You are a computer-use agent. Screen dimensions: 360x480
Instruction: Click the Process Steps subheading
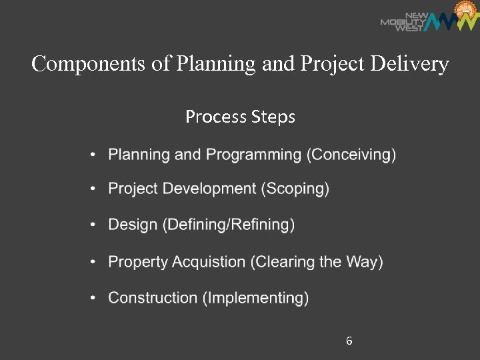click(x=240, y=117)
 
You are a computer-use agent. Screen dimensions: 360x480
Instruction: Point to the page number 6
click(x=349, y=341)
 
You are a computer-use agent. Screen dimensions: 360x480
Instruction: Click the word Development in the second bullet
click(x=213, y=189)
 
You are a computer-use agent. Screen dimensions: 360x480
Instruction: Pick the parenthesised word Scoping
click(x=297, y=189)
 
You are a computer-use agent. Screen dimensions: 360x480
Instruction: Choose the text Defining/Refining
click(x=229, y=225)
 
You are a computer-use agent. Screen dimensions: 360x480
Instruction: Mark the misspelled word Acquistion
click(x=209, y=262)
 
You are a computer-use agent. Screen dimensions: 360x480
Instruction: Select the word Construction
click(x=153, y=298)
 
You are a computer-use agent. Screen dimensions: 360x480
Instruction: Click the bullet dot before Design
click(x=94, y=225)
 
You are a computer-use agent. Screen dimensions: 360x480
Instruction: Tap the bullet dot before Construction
click(x=94, y=298)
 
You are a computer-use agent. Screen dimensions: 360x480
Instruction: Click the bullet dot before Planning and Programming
click(x=94, y=155)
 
